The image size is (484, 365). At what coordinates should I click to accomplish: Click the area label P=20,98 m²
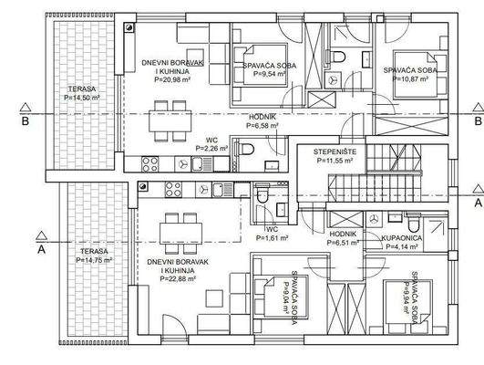click(172, 79)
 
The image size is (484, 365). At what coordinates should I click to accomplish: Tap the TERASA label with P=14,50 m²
click(82, 89)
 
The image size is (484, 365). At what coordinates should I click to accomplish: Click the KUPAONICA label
click(402, 238)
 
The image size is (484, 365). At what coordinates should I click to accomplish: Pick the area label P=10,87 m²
click(410, 78)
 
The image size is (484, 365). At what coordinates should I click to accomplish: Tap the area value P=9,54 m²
click(270, 74)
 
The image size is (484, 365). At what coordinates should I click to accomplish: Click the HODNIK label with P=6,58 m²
click(263, 117)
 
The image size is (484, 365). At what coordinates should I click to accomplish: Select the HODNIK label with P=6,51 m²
click(343, 234)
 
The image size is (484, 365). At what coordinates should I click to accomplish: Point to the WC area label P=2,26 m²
click(211, 149)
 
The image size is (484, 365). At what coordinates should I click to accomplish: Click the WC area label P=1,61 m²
click(273, 238)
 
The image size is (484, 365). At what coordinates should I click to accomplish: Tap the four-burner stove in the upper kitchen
click(150, 164)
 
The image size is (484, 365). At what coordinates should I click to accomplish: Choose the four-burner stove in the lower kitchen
click(173, 190)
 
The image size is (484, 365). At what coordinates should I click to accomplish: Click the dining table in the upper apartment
click(170, 121)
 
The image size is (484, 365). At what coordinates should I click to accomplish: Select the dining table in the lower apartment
click(180, 234)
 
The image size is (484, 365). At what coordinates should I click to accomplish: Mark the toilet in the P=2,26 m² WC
click(246, 149)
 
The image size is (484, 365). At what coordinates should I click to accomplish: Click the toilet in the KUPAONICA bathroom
click(413, 224)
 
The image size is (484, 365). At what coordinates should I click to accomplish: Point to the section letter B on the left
click(26, 121)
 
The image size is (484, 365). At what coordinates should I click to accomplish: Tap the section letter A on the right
click(479, 203)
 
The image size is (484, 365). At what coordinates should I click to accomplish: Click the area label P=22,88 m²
click(178, 279)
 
